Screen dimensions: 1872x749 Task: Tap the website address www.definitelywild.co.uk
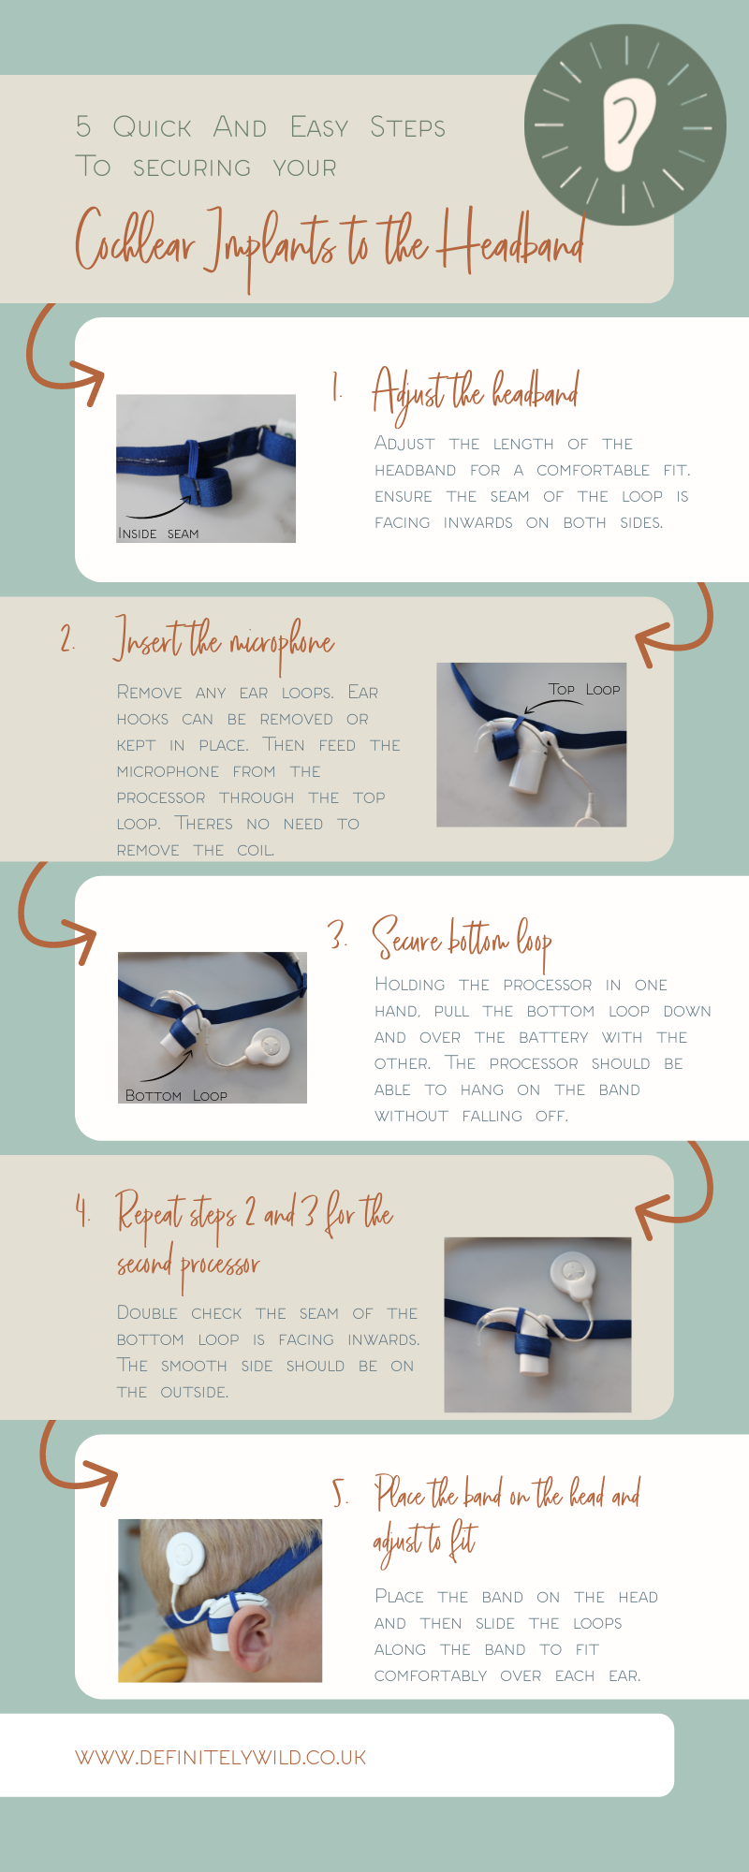221,1757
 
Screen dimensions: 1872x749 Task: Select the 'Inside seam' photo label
158,534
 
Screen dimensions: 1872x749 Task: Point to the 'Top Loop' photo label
584,690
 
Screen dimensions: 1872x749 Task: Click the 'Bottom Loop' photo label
176,1095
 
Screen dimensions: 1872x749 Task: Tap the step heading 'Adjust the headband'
476,393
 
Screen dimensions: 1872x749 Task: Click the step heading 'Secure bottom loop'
463,939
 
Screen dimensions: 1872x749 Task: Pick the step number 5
341,1493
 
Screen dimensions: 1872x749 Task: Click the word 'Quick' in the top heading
152,127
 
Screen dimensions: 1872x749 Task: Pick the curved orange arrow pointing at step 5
75,1465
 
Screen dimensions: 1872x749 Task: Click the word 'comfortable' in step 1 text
593,470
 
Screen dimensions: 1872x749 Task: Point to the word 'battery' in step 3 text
553,1037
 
